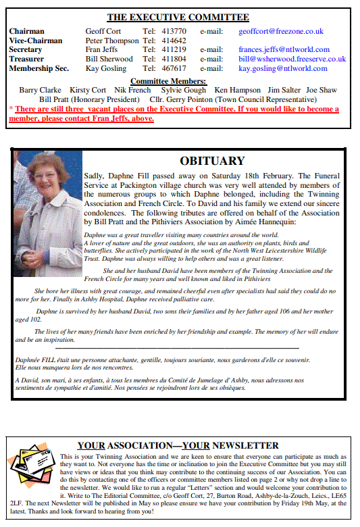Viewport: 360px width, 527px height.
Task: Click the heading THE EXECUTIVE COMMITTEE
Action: tap(178, 18)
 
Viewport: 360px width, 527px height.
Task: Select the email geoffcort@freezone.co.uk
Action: tap(280, 31)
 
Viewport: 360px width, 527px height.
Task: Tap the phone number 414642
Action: tap(174, 41)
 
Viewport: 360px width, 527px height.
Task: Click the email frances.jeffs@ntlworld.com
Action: tap(284, 49)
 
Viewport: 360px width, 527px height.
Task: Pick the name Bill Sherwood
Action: tap(109, 59)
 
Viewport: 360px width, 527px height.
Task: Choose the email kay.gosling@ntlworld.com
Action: tap(283, 68)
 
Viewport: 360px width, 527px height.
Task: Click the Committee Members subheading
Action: tap(178, 81)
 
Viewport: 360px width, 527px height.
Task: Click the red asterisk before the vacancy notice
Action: tap(11, 109)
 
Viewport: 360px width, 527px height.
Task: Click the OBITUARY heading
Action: tap(212, 161)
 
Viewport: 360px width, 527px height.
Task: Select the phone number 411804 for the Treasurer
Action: tap(174, 59)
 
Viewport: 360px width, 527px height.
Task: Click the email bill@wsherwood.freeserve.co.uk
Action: tap(292, 59)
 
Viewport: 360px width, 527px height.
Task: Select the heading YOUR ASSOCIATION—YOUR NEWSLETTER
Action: tap(178, 446)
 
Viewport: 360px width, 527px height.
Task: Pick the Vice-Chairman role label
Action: tap(36, 41)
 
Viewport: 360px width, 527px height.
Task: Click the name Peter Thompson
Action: tap(111, 41)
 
